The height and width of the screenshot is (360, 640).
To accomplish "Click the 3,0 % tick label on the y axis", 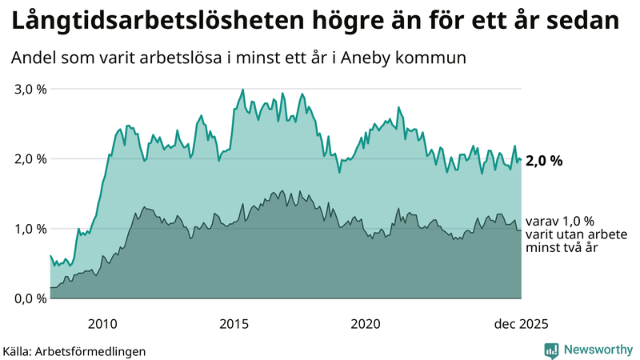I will [x=31, y=89].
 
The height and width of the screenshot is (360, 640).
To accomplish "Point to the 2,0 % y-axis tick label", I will [x=31, y=158].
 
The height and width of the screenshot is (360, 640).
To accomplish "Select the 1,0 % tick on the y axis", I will [x=31, y=229].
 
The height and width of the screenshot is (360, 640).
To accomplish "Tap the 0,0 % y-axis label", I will [x=31, y=298].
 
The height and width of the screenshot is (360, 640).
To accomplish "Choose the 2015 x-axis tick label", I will [x=234, y=324].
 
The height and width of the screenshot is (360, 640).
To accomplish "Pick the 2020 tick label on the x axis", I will [x=366, y=324].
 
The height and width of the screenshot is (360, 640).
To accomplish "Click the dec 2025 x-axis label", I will [x=521, y=324].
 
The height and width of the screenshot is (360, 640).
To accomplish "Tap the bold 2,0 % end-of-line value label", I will [x=545, y=161].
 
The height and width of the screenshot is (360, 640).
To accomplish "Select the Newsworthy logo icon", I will [x=551, y=350].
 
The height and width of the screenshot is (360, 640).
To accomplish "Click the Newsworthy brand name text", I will [x=598, y=350].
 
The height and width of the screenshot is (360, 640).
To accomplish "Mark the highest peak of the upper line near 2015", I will [x=242, y=90].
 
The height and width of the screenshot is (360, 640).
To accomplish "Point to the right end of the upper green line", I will [x=521, y=159].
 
